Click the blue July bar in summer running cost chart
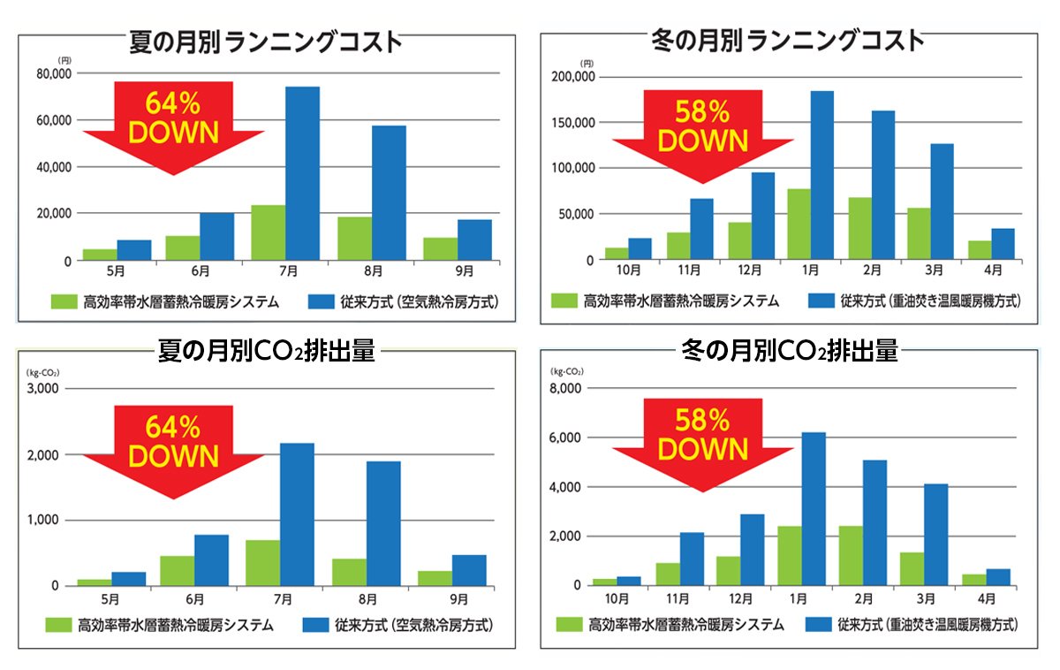point(302,173)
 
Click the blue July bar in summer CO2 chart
point(297,514)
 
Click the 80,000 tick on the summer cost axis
point(54,74)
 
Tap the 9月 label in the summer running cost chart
point(458,270)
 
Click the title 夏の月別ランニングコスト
point(265,42)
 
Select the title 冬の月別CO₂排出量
point(791,352)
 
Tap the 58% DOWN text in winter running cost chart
point(703,126)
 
